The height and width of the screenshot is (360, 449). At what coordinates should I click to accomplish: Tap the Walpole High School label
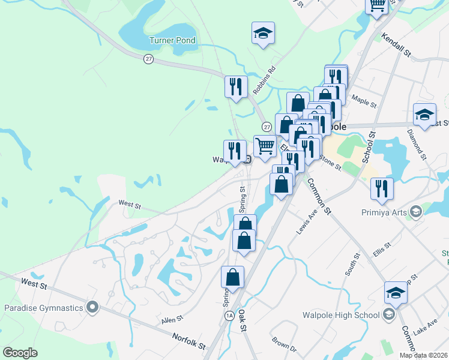click(x=342, y=314)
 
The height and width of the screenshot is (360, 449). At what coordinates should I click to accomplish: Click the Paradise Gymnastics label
click(x=43, y=308)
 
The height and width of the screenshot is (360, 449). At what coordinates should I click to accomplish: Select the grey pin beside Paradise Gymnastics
click(x=92, y=308)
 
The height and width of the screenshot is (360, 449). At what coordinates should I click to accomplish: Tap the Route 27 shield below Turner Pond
click(x=148, y=58)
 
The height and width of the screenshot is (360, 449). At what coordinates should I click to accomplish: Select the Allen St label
click(x=172, y=321)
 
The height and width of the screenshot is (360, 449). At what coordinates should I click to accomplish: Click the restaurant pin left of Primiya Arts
click(x=382, y=188)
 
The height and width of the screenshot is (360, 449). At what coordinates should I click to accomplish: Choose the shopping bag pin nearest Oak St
click(x=232, y=277)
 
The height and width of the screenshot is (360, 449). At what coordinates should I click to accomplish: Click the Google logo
click(x=20, y=352)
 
